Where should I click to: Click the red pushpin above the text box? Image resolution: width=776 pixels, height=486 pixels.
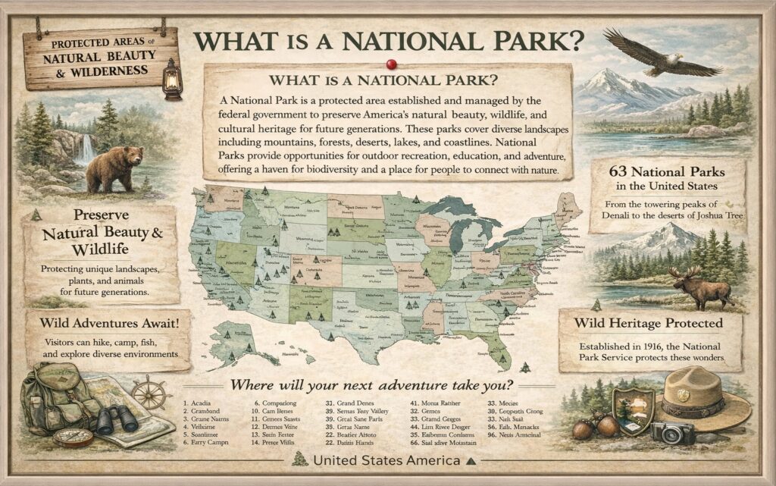391,64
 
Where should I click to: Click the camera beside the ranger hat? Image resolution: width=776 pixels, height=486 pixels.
672,433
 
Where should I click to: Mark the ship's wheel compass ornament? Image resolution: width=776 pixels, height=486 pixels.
151,392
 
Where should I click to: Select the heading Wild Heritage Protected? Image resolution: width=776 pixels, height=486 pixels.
649,323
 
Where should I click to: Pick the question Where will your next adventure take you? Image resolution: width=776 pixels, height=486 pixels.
371,384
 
